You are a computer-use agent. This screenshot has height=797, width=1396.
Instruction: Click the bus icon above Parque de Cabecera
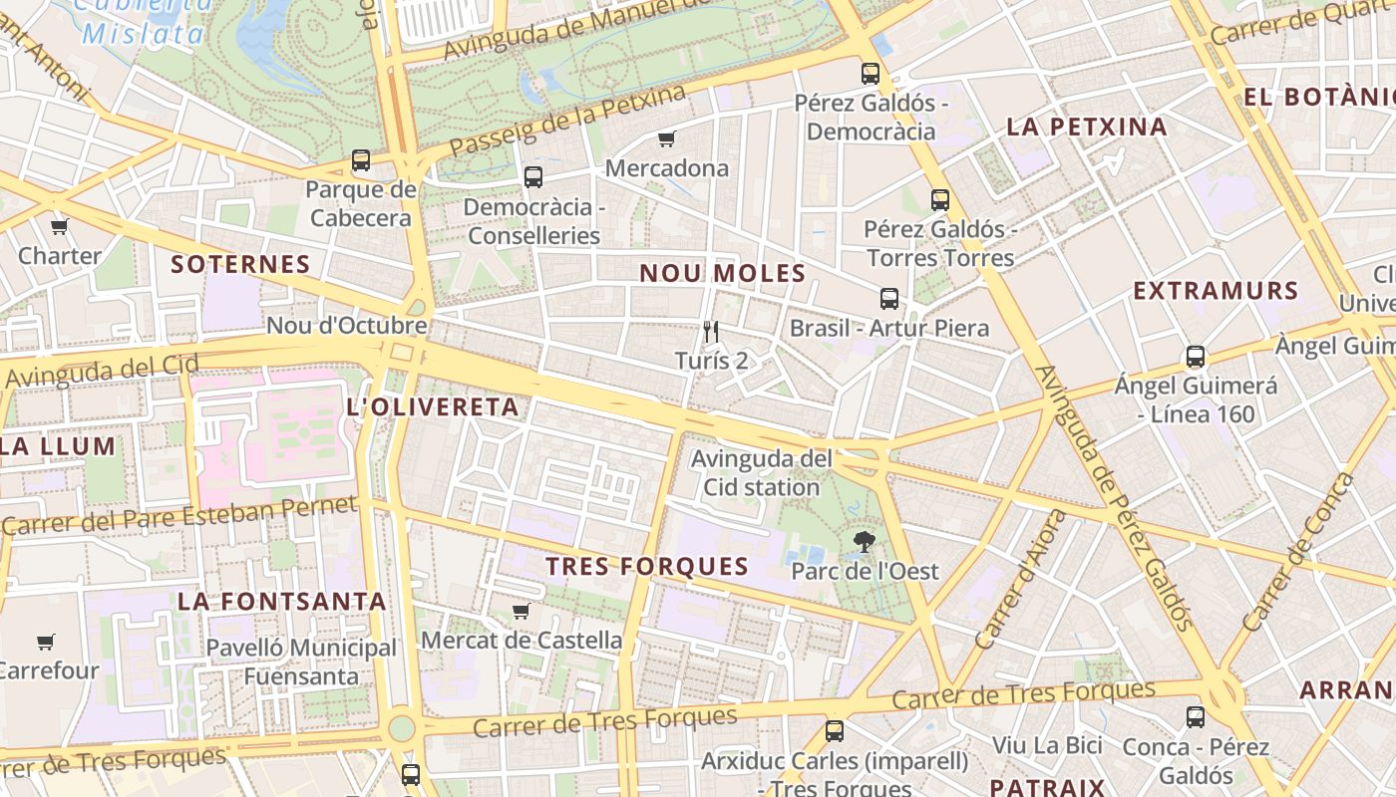point(361,159)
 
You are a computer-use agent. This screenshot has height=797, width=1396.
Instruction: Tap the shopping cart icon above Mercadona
point(666,138)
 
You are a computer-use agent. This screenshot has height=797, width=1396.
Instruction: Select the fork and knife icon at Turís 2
point(711,331)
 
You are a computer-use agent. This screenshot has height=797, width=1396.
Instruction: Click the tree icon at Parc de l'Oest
point(865,542)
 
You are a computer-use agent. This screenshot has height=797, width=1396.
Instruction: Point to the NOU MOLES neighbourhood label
point(722,273)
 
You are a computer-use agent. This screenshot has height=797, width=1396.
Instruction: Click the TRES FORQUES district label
point(647,566)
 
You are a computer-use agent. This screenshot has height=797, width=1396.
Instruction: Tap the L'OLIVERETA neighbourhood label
point(432,406)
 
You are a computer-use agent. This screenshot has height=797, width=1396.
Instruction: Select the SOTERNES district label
point(240,264)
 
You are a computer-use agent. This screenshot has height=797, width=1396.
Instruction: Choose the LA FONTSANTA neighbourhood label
point(282,601)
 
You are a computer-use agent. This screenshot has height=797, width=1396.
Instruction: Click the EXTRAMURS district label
point(1216,291)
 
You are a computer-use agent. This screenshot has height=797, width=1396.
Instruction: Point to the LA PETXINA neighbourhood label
point(1086,127)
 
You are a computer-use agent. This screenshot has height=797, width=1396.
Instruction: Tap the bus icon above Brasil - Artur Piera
point(888,299)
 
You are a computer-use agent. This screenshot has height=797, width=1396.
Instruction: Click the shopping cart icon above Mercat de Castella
point(521,611)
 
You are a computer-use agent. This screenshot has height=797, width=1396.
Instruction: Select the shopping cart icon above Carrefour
point(45,642)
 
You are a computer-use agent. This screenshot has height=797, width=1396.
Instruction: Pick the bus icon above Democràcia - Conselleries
point(533,177)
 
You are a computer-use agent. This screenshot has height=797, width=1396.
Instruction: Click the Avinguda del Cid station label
point(762,473)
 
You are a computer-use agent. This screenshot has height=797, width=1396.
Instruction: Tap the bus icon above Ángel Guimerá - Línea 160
point(1195,356)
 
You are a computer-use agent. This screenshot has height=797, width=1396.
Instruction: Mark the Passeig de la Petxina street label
point(567,121)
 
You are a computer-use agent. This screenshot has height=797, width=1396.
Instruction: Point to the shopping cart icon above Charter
point(59,226)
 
